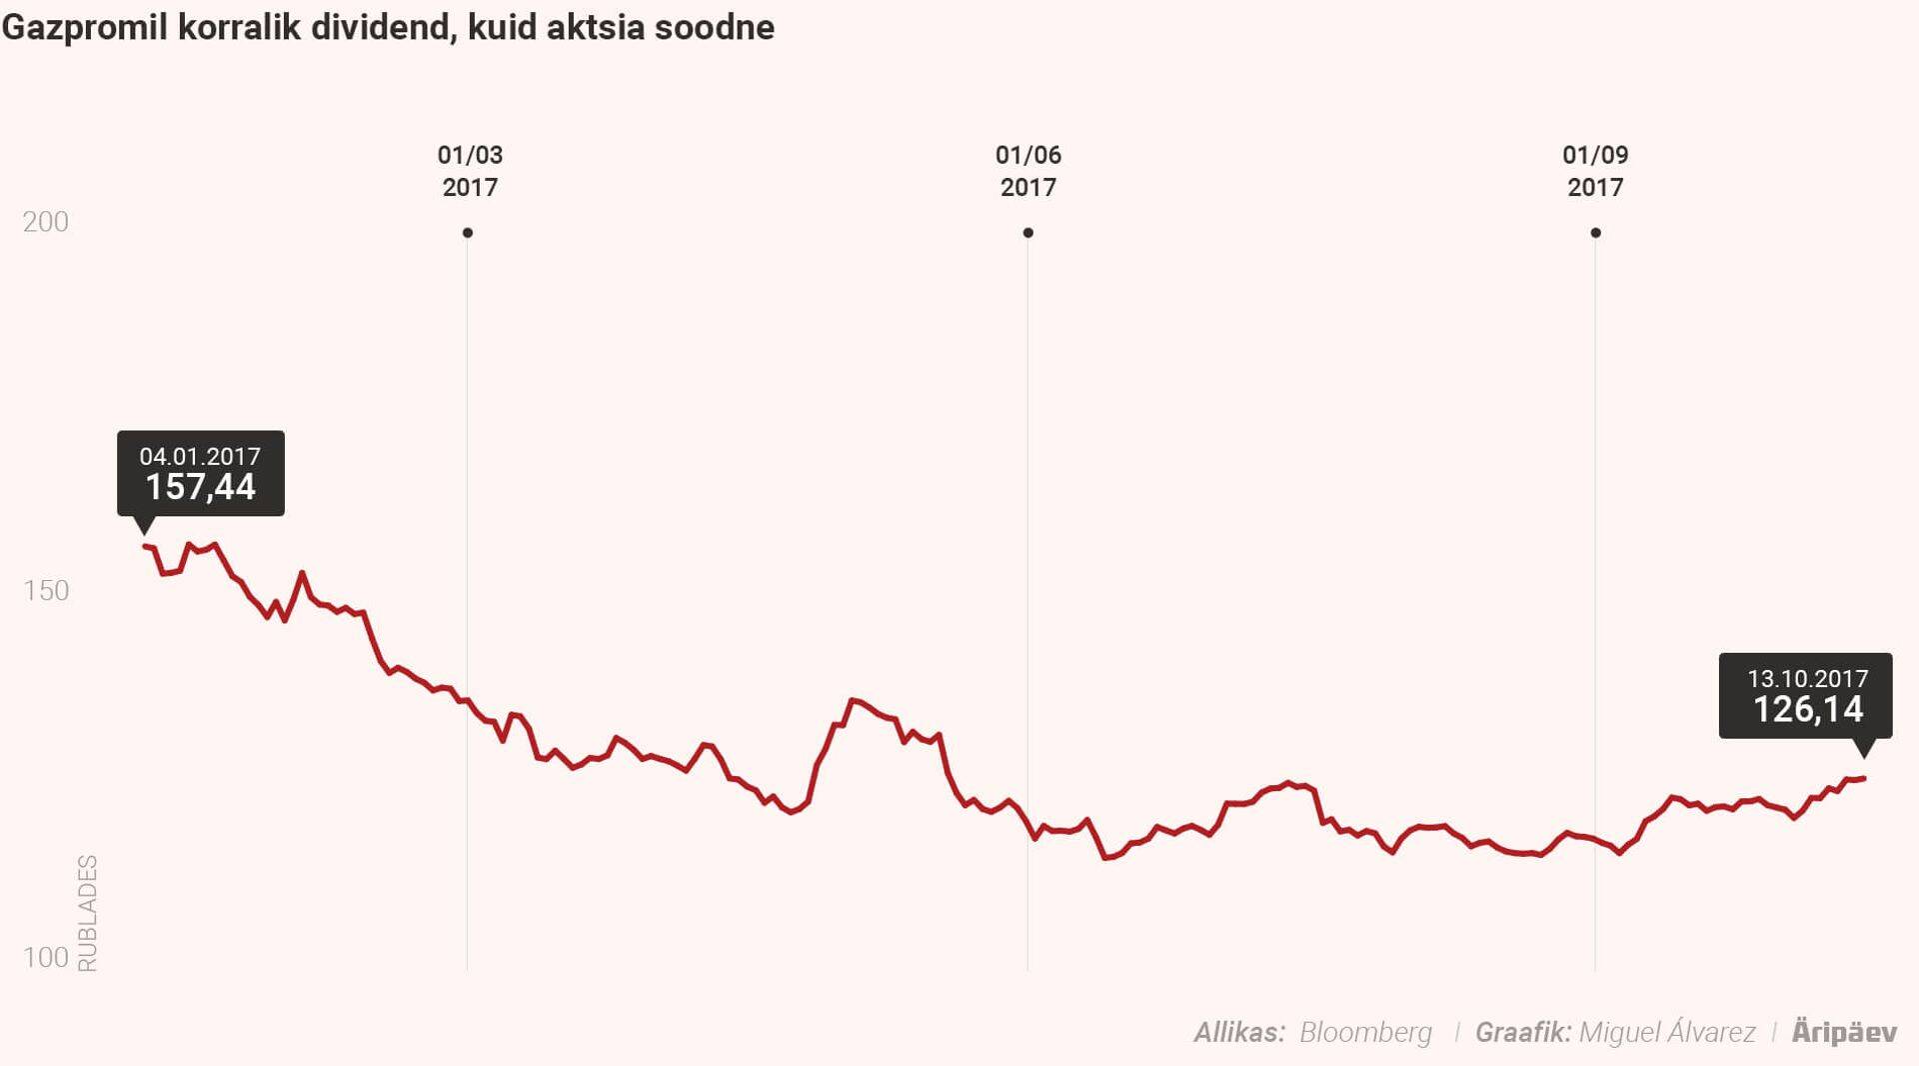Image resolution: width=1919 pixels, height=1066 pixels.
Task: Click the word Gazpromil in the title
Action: pos(84,28)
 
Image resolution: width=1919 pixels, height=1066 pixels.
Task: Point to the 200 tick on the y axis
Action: pos(46,222)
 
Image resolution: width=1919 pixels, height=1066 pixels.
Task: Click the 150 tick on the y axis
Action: pos(46,591)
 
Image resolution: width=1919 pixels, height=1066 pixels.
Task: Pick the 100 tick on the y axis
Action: pos(46,958)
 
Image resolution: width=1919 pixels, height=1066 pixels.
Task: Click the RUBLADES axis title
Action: pos(88,913)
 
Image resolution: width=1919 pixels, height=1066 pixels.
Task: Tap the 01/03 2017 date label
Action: pos(470,171)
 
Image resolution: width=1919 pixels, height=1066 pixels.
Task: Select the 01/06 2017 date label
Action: pos(1027,171)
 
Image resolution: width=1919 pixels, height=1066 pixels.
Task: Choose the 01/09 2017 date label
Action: pos(1595,171)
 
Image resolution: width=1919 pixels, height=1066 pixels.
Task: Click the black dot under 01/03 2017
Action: pos(468,233)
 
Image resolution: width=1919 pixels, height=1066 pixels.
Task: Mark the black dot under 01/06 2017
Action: pos(1027,233)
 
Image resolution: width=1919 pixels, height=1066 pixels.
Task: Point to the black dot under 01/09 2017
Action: pos(1595,233)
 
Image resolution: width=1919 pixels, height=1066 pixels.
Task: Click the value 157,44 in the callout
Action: pos(200,488)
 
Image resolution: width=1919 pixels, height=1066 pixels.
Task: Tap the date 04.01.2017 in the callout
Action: pos(200,457)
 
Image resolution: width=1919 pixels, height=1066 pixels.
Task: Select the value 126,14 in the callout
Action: pos(1808,710)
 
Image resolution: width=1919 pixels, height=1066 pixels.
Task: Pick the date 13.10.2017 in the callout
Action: pos(1807,679)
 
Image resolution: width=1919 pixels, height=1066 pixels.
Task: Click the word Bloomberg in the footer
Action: pos(1365,1033)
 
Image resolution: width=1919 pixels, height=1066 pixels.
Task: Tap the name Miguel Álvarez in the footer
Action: pos(1667,1033)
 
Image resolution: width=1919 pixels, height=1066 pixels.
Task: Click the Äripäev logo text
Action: pos(1844,1033)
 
